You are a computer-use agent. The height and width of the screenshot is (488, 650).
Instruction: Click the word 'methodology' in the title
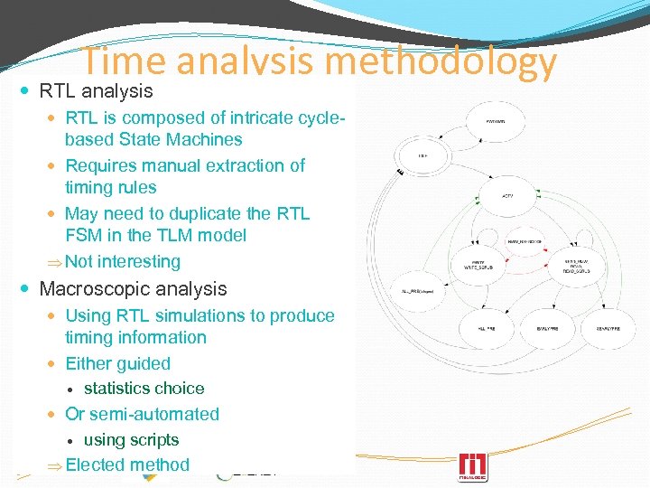coord(441,62)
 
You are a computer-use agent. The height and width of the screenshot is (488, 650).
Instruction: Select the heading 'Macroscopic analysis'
coord(133,289)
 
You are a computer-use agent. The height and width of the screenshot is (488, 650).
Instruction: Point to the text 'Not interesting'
coord(123,262)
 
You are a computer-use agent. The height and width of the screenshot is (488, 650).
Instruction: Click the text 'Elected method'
coord(127,465)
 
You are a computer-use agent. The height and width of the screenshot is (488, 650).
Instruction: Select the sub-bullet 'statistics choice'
coord(144,389)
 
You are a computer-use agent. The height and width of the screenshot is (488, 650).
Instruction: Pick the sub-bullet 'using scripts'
coord(131,440)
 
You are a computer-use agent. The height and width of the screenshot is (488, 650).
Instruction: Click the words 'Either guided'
coord(117,363)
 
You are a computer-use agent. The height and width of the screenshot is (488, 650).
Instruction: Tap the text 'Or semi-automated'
coord(142,414)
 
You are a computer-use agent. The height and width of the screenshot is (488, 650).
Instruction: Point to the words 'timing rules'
coord(110,188)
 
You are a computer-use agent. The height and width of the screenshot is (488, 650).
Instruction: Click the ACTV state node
coord(507,195)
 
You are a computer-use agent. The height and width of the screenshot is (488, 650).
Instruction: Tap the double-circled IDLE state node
coord(422,156)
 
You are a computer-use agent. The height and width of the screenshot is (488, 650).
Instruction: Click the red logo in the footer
coord(473,466)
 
